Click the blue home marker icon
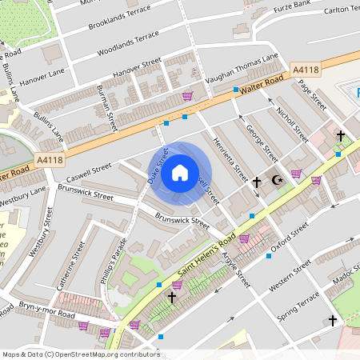[x=180, y=173]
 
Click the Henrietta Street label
[x=230, y=157]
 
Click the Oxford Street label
[x=289, y=238]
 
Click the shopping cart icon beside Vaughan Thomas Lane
[x=188, y=95]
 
